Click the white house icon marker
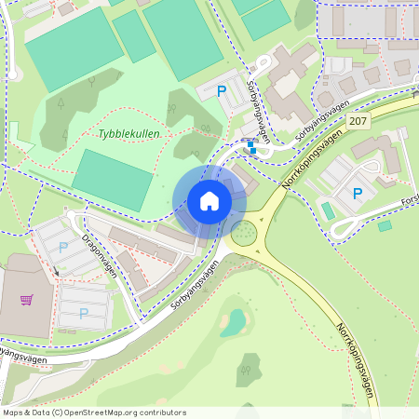[x=209, y=201]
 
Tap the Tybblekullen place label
[x=129, y=134]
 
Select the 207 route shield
[x=359, y=121]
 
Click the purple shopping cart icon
[x=26, y=300]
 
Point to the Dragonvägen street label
[x=100, y=255]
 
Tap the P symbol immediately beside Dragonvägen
[x=63, y=248]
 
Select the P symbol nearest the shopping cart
[x=83, y=314]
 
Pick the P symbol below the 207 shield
[x=357, y=194]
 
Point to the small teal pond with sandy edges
[x=234, y=322]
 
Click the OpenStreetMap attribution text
[x=94, y=412]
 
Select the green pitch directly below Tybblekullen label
[x=112, y=180]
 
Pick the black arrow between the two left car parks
[x=55, y=271]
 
